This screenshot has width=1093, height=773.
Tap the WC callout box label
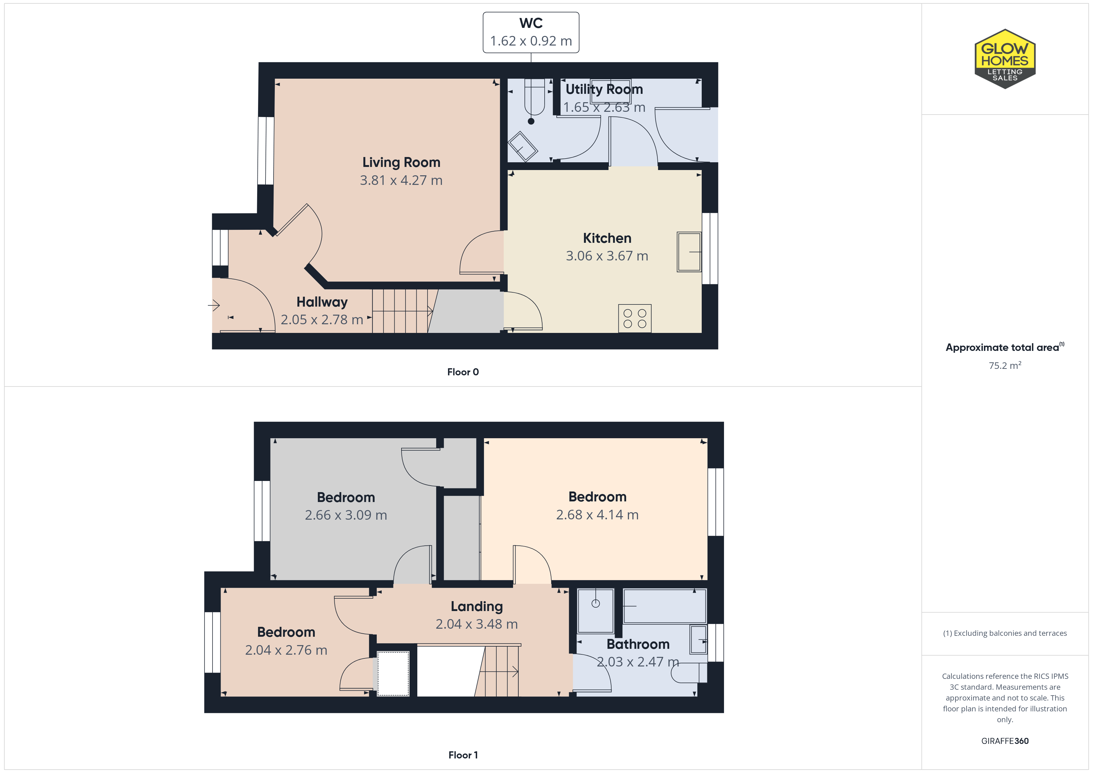tap(531, 23)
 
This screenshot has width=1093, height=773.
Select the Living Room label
tap(401, 162)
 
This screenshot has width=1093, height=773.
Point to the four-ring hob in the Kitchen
tap(634, 318)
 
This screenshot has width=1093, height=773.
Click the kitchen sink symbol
tap(689, 252)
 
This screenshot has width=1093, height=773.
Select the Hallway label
tap(322, 302)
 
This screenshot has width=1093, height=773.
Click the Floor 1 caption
tap(463, 755)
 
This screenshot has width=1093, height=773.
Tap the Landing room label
tap(476, 606)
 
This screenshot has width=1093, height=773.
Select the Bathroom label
tap(638, 644)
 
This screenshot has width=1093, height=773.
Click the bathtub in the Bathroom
tap(665, 606)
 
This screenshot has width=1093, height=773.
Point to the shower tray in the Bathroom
tap(595, 611)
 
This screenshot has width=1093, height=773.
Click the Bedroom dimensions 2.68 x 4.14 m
tap(597, 514)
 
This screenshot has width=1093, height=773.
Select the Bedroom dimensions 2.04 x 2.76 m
tap(286, 650)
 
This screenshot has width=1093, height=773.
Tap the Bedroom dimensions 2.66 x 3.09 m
tap(346, 515)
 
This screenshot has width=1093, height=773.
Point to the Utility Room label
tap(604, 90)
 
